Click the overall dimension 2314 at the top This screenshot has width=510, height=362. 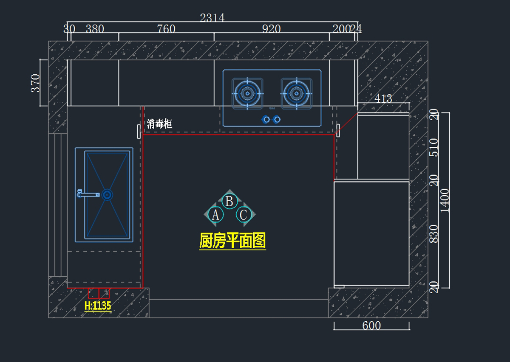coord(212,17)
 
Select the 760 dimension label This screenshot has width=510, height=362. coord(166,29)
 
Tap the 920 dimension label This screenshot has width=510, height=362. coord(271,29)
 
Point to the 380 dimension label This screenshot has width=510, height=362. coord(95,29)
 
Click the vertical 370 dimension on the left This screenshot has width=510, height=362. coord(35,83)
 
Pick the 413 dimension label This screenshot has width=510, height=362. coord(383,98)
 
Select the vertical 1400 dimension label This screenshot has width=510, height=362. coord(445,200)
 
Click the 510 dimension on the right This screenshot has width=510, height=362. coord(433,147)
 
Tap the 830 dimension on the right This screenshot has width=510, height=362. coord(433,234)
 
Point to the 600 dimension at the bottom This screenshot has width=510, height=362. coord(371,326)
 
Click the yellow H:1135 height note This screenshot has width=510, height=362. coord(98,306)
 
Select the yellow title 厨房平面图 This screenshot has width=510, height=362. coord(232,241)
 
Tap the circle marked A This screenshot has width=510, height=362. coord(215,215)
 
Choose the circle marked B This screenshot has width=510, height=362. coord(229,201)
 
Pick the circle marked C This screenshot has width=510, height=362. coord(243,215)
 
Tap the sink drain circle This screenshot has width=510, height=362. coord(107,194)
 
